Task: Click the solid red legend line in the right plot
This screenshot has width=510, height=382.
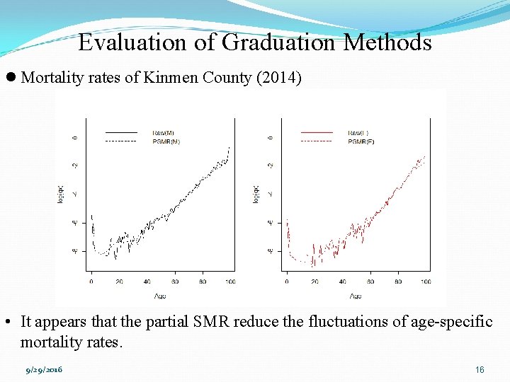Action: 316,132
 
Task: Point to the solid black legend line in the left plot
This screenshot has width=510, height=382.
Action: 120,132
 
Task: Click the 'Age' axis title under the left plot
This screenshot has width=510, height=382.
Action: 160,295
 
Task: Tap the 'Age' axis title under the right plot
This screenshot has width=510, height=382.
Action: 356,295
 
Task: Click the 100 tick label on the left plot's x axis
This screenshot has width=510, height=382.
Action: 230,282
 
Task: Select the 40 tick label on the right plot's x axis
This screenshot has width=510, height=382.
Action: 341,282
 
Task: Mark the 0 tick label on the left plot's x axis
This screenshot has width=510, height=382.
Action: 91,282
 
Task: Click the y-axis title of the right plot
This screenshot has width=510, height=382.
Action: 256,194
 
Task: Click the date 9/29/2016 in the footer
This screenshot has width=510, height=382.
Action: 44,370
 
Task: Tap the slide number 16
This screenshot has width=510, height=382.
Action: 480,370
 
